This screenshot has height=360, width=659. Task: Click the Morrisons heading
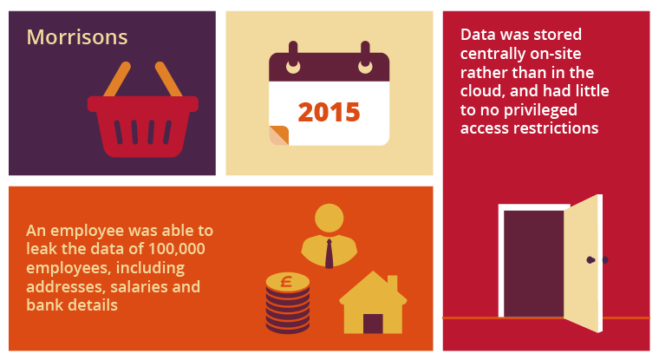[x=77, y=37]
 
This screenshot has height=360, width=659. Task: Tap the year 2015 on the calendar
[x=329, y=112]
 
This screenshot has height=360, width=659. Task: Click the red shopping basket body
[x=143, y=126]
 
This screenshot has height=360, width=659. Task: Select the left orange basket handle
[x=117, y=79]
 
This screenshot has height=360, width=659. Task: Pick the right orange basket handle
[x=168, y=79]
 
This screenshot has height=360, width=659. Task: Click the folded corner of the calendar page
[x=278, y=135]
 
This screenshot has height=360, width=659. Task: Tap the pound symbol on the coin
[x=287, y=281]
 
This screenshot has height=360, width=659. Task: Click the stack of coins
[x=288, y=303]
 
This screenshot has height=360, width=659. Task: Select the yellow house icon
[x=373, y=303]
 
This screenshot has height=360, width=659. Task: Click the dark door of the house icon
[x=373, y=324]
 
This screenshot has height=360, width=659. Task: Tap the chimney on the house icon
[x=392, y=284]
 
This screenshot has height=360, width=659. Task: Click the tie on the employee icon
[x=329, y=253]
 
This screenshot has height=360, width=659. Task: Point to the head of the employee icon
[x=329, y=219]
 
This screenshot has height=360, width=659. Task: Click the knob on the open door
[x=590, y=260]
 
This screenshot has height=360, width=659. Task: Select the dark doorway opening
[x=534, y=264]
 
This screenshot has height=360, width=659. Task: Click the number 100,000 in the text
[x=177, y=249]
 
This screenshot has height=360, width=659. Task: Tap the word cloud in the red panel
[x=480, y=91]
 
